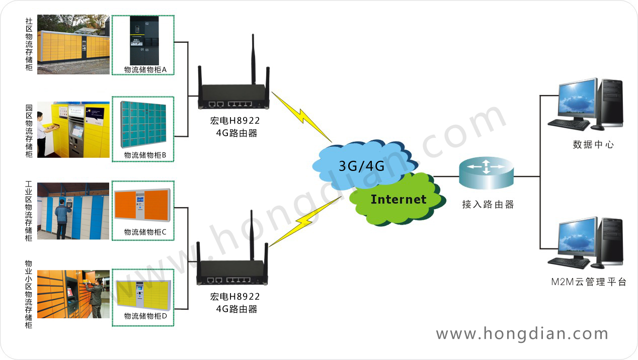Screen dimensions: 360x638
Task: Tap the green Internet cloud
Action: pyautogui.click(x=397, y=199)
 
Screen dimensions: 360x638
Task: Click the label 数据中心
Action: pyautogui.click(x=593, y=145)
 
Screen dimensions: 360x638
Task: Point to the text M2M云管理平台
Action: pyautogui.click(x=588, y=282)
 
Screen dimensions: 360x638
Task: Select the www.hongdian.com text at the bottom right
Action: pyautogui.click(x=522, y=334)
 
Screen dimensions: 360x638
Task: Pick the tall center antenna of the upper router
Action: pyautogui.click(x=252, y=60)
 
